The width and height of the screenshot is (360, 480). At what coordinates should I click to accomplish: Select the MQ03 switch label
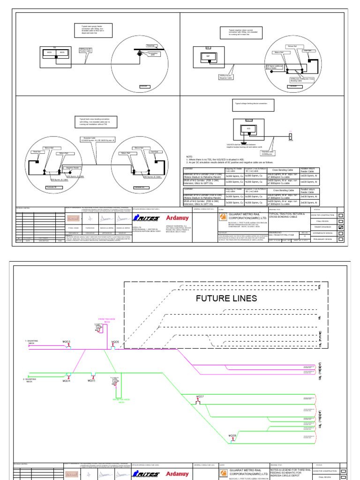point(67,343)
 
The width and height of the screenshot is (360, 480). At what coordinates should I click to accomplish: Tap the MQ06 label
point(115,343)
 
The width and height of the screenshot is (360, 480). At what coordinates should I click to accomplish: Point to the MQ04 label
point(67,381)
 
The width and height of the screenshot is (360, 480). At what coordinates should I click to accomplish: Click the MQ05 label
point(92,381)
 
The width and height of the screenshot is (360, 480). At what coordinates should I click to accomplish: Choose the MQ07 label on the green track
point(200,397)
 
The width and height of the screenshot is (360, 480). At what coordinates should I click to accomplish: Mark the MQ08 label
point(232,435)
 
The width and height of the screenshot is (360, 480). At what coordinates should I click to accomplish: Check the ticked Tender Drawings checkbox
point(341,227)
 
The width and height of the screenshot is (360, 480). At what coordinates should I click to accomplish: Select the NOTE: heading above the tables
point(189,157)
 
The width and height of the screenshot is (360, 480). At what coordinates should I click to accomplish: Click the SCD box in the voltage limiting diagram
point(248,128)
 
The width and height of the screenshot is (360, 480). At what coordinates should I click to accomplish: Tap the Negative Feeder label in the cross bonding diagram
point(72,167)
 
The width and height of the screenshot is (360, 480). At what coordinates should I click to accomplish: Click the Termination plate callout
point(151,54)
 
